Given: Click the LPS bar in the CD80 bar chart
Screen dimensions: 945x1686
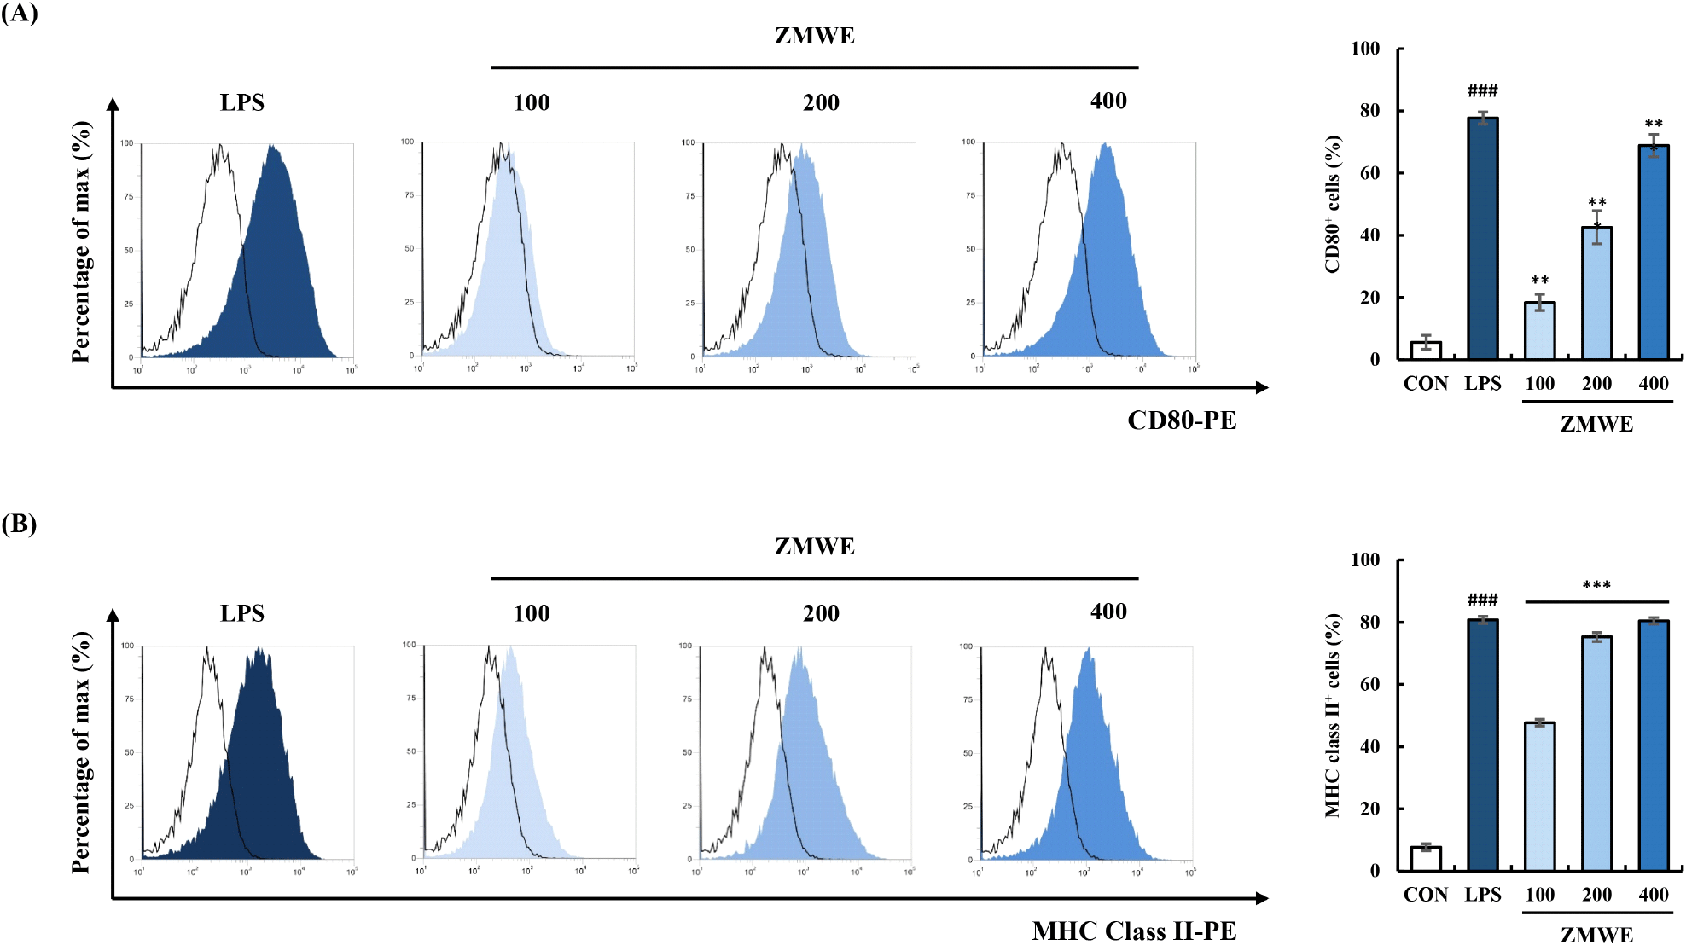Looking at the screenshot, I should [x=1483, y=239].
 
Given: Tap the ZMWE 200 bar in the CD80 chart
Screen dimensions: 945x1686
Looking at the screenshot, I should [x=1596, y=293].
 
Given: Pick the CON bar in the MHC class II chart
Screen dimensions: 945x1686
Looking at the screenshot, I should [x=1426, y=859].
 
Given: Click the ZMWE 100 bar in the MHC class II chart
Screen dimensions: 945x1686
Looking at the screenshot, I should [x=1539, y=797].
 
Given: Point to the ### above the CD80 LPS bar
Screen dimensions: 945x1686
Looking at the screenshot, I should [x=1483, y=90].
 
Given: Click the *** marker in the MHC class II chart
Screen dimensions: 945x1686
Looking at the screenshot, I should [x=1596, y=585].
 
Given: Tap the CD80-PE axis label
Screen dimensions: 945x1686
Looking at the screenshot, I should [x=1182, y=420].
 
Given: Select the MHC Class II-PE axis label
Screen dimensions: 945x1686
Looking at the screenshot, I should [x=1134, y=931].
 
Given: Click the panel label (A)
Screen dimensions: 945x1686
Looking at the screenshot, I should [x=19, y=14].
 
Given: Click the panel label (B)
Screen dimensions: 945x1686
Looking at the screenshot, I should [x=19, y=524].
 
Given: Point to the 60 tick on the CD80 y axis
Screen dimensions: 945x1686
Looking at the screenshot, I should [x=1369, y=173].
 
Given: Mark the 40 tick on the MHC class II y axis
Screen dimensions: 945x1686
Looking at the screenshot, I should [x=1369, y=746].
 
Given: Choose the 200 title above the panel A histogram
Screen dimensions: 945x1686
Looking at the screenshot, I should [x=821, y=103].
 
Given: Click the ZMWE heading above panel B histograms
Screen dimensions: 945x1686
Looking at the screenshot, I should [x=814, y=547].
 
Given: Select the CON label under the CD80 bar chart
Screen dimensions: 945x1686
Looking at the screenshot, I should [x=1426, y=384].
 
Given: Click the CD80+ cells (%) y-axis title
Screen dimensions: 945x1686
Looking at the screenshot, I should [x=1333, y=205].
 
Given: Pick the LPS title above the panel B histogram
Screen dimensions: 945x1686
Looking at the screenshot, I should [x=242, y=614].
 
